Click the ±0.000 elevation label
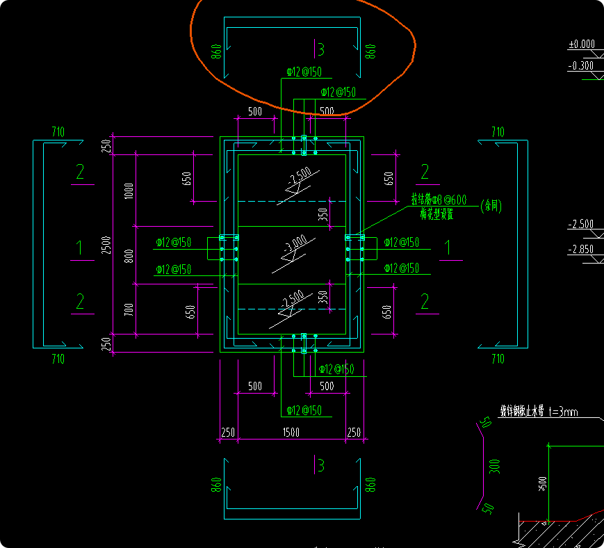pyautogui.click(x=582, y=45)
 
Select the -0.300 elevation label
pyautogui.click(x=581, y=66)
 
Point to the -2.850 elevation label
pyautogui.click(x=581, y=249)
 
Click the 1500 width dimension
pyautogui.click(x=291, y=433)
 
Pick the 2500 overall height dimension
pyautogui.click(x=107, y=245)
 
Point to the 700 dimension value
pyautogui.click(x=128, y=309)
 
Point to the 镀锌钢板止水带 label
pyautogui.click(x=522, y=411)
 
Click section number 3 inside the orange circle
pyautogui.click(x=320, y=49)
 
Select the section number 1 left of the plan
pyautogui.click(x=80, y=246)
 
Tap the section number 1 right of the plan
pyautogui.click(x=448, y=246)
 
